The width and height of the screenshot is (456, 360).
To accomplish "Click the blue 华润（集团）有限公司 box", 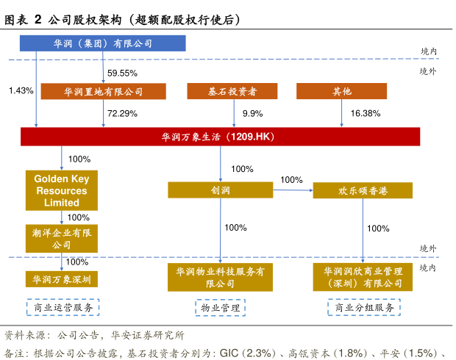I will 102,43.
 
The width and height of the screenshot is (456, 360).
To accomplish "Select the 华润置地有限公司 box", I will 102,92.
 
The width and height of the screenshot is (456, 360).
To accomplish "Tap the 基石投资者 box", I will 232,92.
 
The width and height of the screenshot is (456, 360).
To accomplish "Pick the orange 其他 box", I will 342,92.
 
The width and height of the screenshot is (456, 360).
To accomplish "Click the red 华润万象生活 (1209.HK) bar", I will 220,137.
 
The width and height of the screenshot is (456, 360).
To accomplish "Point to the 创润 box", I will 220,190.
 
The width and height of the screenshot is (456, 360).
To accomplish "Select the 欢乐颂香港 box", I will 361,190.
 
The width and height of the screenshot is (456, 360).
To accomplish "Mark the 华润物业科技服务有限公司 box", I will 220,277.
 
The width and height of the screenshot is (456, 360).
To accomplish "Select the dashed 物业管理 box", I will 220,308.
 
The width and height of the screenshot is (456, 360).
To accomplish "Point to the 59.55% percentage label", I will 123,73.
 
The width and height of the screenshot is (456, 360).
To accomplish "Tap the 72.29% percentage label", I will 123,113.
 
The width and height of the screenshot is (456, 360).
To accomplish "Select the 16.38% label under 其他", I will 366,113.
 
